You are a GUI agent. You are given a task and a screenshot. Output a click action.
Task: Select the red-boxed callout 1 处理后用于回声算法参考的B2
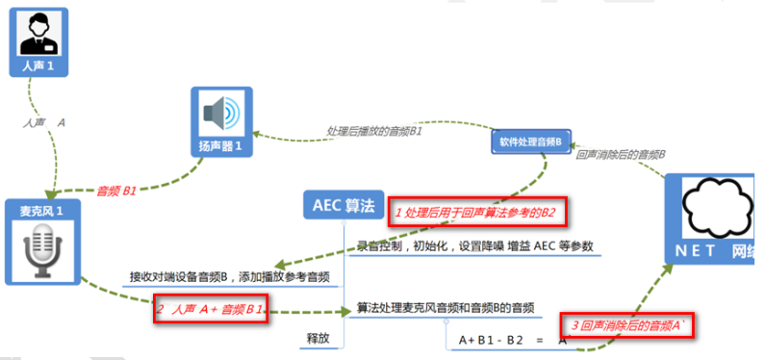coord(475,212)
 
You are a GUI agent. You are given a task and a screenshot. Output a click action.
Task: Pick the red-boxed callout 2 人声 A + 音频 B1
coord(210,310)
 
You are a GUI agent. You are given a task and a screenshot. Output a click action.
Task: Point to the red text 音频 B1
coord(116,190)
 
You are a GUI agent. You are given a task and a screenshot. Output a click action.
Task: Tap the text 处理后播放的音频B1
coord(375,131)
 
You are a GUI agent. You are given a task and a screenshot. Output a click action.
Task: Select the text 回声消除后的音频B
coord(622,153)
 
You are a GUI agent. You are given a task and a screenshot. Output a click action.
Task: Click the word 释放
coord(319,338)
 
